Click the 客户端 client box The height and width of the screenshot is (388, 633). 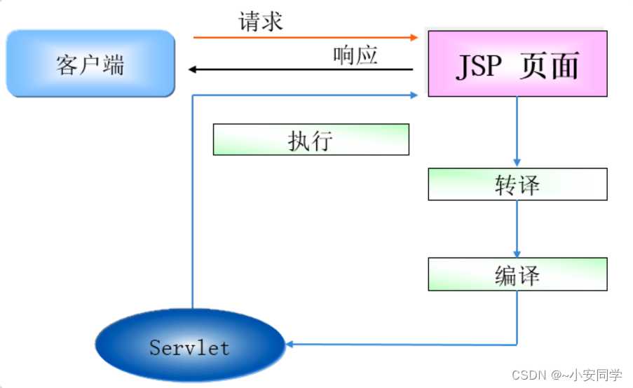[90, 64]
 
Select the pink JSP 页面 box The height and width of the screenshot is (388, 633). [517, 64]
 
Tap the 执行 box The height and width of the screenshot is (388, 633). [311, 139]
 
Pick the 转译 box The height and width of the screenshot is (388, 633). [517, 184]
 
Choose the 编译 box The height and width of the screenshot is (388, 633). [517, 274]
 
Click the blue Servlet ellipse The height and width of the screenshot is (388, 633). [189, 346]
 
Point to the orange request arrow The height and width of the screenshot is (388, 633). [301, 37]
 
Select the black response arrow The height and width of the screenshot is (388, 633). [301, 69]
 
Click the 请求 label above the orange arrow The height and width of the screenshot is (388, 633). [260, 21]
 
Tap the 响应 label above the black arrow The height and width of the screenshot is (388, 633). [355, 55]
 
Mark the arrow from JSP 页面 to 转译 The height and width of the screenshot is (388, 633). [517, 132]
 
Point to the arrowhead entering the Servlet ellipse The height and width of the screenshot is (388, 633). [290, 344]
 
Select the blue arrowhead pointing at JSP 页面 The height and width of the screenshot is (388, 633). [414, 95]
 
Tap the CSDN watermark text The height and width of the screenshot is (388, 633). [566, 375]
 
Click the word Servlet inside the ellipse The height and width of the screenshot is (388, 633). [189, 347]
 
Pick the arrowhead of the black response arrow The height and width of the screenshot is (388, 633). [193, 69]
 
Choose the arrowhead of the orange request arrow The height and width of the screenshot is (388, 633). [414, 37]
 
